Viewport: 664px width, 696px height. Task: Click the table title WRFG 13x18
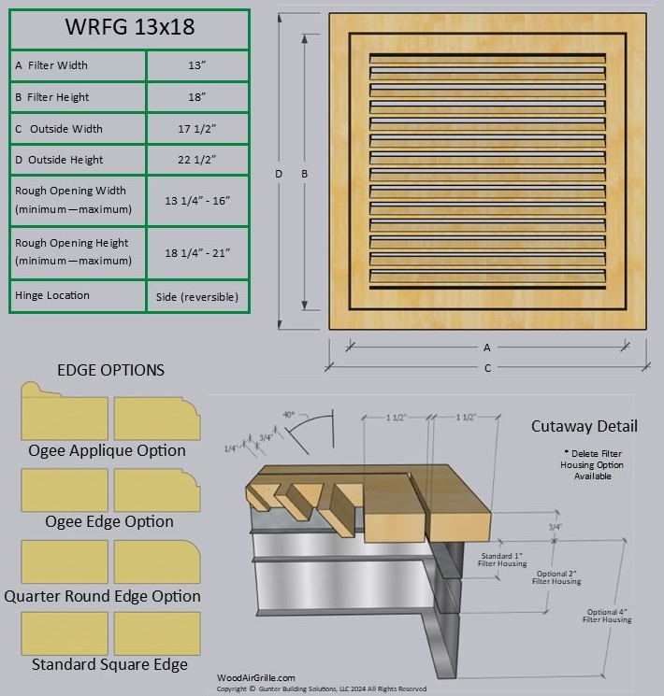[129, 27]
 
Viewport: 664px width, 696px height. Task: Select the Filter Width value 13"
[196, 65]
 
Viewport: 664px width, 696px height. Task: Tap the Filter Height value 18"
[196, 97]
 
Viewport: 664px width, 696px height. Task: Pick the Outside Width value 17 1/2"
[196, 129]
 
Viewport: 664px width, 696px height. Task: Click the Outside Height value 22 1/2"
[196, 160]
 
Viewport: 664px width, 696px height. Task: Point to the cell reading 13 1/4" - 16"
[196, 200]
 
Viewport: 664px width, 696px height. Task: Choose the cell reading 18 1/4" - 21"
[196, 252]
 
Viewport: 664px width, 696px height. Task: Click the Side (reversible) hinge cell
[196, 297]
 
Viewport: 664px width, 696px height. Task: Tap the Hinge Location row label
[52, 295]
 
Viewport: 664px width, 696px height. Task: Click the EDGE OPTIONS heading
[110, 370]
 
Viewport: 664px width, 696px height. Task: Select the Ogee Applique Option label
[107, 450]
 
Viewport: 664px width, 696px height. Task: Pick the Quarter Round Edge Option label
[102, 596]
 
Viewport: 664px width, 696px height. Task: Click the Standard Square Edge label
[109, 665]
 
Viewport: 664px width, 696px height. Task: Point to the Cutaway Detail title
[585, 426]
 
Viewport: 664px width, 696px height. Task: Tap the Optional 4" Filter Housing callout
[608, 616]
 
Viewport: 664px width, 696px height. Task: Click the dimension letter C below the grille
[487, 368]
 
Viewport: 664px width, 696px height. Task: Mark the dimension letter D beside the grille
[279, 174]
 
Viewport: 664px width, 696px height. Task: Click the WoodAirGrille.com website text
[255, 678]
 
